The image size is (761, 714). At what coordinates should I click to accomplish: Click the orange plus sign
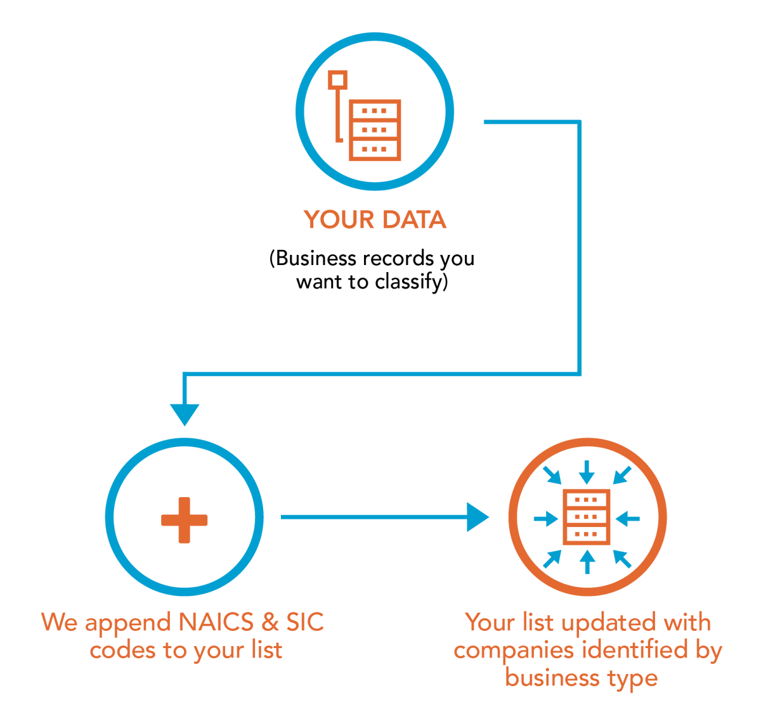coord(184,520)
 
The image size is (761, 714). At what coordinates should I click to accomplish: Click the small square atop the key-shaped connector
coord(338,80)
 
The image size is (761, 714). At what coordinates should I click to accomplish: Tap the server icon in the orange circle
coord(587,517)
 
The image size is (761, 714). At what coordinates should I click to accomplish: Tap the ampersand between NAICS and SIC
coord(270,622)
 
